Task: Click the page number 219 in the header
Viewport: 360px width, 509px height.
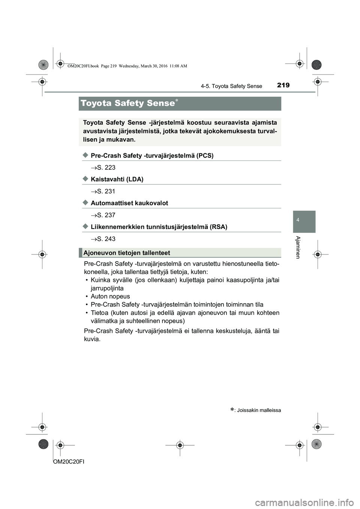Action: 283,85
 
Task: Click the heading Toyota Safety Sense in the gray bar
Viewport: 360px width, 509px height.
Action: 127,103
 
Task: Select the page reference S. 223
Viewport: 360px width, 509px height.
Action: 106,168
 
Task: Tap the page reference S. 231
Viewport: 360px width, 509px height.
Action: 106,192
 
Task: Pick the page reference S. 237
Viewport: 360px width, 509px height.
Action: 106,215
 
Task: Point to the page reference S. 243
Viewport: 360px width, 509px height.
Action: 106,239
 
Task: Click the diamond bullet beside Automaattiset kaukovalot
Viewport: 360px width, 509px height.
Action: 85,203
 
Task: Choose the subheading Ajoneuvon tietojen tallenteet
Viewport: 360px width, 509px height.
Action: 127,253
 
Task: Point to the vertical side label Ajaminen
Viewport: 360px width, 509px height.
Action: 298,247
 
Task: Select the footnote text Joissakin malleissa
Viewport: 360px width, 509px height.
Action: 259,410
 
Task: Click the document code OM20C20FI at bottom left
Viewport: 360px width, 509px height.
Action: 69,462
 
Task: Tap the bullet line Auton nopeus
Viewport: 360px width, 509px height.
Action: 110,296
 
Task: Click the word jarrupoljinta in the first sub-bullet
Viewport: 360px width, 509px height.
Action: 107,288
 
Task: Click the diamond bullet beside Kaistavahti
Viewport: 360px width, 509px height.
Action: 85,179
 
